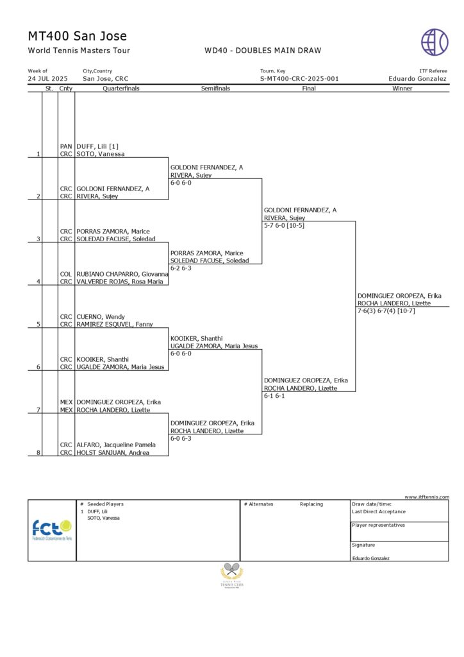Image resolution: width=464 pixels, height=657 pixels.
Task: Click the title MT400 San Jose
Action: click(78, 36)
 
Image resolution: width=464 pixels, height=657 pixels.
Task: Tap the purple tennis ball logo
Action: click(435, 42)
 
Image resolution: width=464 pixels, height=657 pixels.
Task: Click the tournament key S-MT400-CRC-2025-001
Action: click(299, 79)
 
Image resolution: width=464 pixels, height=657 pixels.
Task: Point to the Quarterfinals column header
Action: click(121, 89)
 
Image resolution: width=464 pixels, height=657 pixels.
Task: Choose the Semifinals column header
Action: click(215, 89)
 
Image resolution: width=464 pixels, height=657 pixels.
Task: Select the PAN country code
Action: click(66, 146)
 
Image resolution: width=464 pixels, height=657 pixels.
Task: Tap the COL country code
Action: click(66, 274)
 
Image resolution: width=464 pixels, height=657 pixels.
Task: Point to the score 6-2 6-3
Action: click(181, 268)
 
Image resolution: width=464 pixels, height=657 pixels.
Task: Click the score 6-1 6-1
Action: click(274, 396)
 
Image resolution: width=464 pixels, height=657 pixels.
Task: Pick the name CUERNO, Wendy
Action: click(101, 317)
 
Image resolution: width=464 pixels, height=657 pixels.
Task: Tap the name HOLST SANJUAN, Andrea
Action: click(113, 452)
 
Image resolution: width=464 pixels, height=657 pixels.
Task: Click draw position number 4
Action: click(38, 282)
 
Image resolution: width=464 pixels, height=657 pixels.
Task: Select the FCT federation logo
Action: click(52, 530)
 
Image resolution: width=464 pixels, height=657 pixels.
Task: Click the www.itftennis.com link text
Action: click(427, 497)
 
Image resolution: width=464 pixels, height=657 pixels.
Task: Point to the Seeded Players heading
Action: click(105, 504)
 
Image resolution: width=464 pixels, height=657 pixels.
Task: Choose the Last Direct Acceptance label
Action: click(379, 511)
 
